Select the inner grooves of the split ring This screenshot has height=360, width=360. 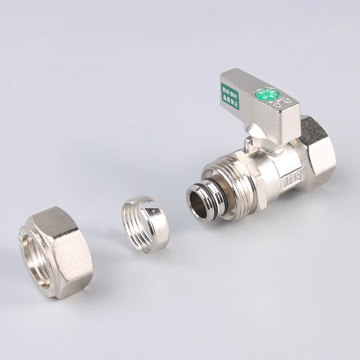135,220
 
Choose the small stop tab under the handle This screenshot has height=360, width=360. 249,145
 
